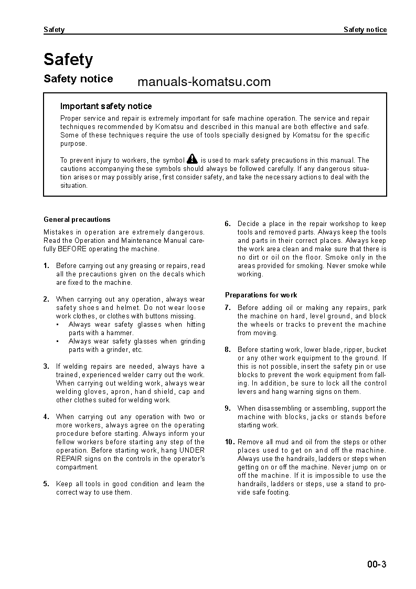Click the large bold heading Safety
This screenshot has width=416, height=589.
68,60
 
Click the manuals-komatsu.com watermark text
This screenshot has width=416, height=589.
204,82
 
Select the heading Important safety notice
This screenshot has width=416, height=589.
106,106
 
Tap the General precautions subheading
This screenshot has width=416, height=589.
77,219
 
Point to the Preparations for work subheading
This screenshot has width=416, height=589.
261,295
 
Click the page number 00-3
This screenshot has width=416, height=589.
377,564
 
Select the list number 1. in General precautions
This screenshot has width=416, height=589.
47,265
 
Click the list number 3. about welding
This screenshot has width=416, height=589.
47,366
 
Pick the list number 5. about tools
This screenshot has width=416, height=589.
47,484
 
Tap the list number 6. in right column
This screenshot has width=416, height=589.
228,223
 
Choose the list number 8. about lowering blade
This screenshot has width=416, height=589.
228,349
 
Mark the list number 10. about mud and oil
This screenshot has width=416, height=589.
230,442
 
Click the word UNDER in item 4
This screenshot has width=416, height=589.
192,450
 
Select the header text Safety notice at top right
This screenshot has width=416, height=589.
365,30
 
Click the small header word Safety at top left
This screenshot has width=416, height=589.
54,30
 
